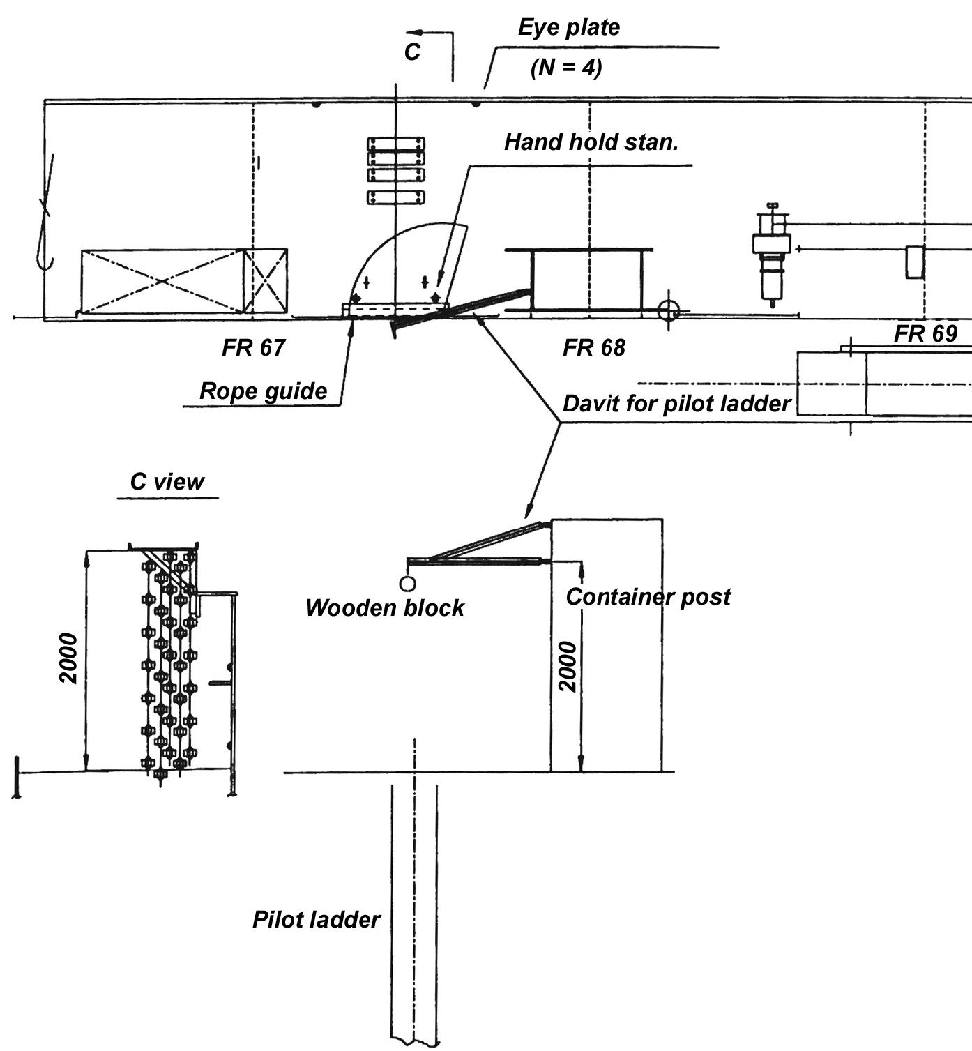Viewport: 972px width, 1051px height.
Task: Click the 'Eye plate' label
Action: click(568, 28)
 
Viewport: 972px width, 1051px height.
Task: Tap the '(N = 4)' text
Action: click(566, 68)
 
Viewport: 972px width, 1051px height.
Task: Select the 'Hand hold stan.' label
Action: click(591, 142)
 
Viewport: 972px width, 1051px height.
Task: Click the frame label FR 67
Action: click(253, 347)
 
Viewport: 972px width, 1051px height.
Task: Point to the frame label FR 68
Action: click(593, 347)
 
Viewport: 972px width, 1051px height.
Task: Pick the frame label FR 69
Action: click(925, 334)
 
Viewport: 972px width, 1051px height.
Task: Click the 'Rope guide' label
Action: click(263, 391)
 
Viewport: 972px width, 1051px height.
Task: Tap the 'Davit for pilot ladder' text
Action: click(676, 404)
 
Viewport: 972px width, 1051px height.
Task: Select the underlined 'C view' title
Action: click(167, 482)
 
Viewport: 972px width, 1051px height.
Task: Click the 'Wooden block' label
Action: click(384, 607)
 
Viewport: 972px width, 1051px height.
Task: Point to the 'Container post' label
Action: click(648, 597)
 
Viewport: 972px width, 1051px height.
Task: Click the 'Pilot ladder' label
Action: click(316, 919)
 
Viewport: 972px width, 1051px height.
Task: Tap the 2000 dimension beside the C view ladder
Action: click(68, 659)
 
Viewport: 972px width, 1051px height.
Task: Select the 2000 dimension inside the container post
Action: click(568, 667)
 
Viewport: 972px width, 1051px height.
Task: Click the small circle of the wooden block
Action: click(407, 583)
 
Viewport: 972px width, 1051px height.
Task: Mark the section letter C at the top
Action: click(412, 52)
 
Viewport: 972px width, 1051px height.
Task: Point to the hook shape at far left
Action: click(43, 223)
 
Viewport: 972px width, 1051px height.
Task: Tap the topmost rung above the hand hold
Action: click(396, 144)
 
